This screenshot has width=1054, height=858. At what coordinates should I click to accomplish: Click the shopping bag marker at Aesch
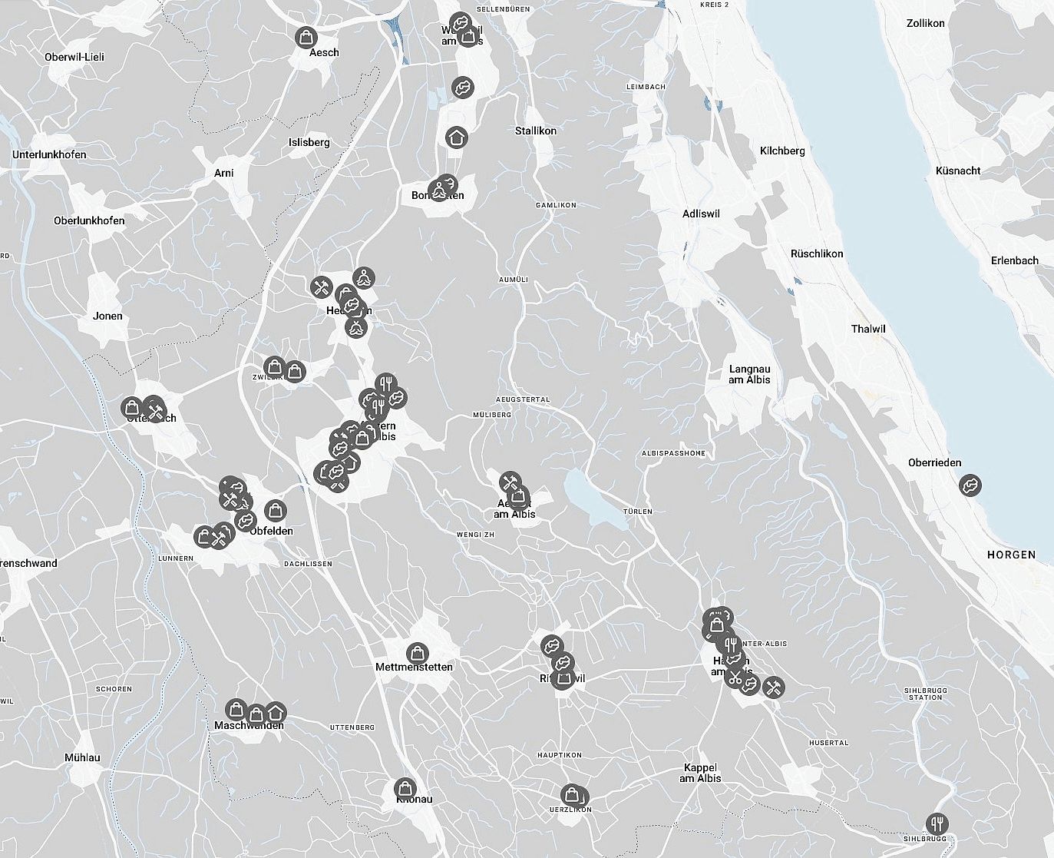(x=306, y=36)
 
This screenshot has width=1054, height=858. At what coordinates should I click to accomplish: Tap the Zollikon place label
(x=925, y=23)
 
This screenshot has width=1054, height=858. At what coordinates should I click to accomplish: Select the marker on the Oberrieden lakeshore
(x=970, y=485)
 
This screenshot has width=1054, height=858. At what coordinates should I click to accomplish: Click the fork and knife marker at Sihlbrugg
(x=937, y=823)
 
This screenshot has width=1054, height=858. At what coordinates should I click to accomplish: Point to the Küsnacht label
(x=958, y=171)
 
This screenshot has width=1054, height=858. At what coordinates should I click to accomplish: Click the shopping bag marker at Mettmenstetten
(x=418, y=653)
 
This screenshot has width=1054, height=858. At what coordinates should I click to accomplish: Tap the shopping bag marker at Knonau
(x=405, y=788)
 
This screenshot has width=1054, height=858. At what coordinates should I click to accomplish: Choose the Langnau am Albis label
(x=749, y=374)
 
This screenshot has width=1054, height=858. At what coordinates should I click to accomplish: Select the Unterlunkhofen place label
(x=49, y=154)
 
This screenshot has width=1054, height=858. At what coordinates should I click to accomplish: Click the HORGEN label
(x=1011, y=555)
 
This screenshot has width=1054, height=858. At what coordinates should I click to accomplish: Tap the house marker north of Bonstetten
(x=457, y=137)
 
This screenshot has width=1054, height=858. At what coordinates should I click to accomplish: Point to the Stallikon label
(x=536, y=131)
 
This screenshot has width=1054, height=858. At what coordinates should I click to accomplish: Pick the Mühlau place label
(x=82, y=757)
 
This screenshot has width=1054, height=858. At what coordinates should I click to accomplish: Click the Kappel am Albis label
(x=700, y=773)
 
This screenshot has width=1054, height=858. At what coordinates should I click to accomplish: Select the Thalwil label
(x=868, y=329)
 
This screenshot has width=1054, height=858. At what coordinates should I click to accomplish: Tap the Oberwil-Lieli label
(x=74, y=57)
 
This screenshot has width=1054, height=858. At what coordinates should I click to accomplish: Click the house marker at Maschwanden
(x=276, y=712)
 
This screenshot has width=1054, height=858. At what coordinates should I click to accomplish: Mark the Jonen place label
(x=107, y=316)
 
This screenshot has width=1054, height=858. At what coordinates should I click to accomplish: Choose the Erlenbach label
(x=1014, y=260)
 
